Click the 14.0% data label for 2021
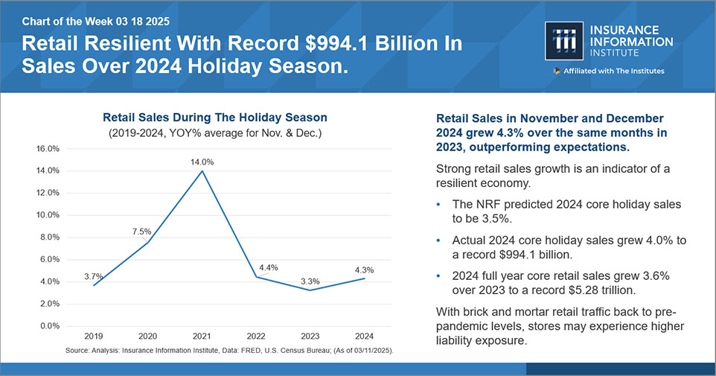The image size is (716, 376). tap(202, 161)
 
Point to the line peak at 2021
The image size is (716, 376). tap(202, 171)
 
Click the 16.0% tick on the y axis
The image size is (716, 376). tap(48, 149)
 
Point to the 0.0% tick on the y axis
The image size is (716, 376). tap(49, 326)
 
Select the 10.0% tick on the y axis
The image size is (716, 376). tap(48, 215)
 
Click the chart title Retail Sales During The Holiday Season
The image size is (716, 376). tap(214, 118)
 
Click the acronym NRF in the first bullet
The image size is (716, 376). tap(488, 204)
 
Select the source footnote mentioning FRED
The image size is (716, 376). tap(230, 349)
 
